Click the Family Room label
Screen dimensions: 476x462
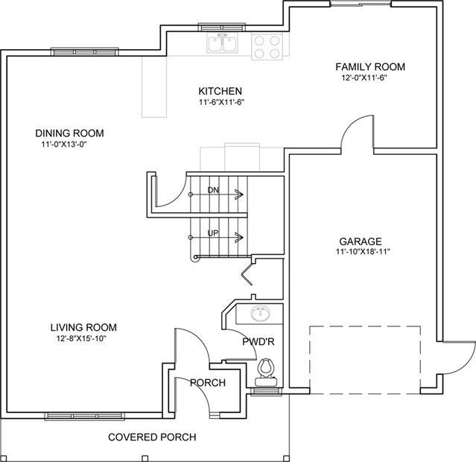pyautogui.click(x=370, y=67)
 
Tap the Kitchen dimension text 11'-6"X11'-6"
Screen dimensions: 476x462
pyautogui.click(x=221, y=102)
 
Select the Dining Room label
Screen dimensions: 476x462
pyautogui.click(x=69, y=133)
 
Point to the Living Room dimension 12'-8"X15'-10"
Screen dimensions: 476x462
pyautogui.click(x=82, y=338)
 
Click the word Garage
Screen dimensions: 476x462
pyautogui.click(x=361, y=241)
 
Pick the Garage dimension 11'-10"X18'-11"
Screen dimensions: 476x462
pyautogui.click(x=363, y=252)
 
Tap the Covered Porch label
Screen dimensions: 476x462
pyautogui.click(x=152, y=437)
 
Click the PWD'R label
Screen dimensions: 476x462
pyautogui.click(x=258, y=342)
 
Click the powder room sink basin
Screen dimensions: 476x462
pyautogui.click(x=261, y=314)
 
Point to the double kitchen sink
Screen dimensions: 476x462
pyautogui.click(x=223, y=42)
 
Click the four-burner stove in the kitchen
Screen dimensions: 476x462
pyautogui.click(x=267, y=47)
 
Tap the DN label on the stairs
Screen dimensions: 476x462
pyautogui.click(x=213, y=190)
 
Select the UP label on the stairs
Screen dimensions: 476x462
pyautogui.click(x=213, y=233)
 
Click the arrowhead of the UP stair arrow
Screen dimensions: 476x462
pyautogui.click(x=240, y=237)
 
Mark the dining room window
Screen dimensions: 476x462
pyautogui.click(x=85, y=52)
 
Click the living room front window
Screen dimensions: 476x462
pyautogui.click(x=85, y=416)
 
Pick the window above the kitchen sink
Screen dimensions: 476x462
pyautogui.click(x=222, y=27)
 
